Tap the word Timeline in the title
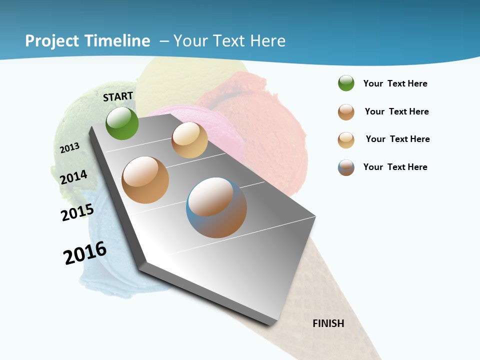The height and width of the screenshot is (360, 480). click(x=117, y=41)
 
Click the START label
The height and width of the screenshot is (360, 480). click(x=118, y=96)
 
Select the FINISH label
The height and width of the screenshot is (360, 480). click(x=328, y=323)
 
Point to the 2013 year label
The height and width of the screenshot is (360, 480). click(x=69, y=148)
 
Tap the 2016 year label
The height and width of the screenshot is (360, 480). click(x=85, y=252)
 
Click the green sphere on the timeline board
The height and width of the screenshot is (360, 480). click(x=122, y=123)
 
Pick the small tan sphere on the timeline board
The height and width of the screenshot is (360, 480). click(x=189, y=140)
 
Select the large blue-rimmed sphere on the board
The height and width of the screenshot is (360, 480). click(x=216, y=207)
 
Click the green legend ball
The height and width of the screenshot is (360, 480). click(x=346, y=83)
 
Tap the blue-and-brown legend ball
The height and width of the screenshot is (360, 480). click(x=346, y=167)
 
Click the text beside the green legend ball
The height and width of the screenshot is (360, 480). click(x=395, y=83)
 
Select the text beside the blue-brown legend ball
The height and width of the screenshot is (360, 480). click(x=395, y=167)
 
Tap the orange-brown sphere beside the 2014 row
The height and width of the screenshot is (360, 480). click(x=145, y=180)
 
